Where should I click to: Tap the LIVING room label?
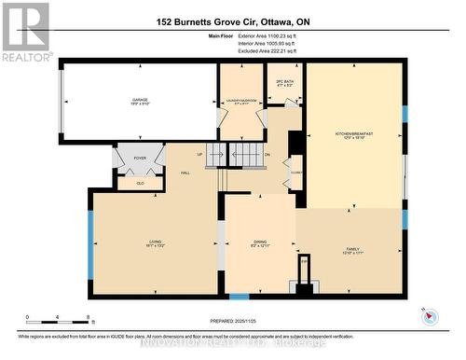tap(155, 242)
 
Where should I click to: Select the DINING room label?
tap(259, 242)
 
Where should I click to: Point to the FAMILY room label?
tap(353, 249)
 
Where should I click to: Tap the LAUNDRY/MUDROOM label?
tap(241, 101)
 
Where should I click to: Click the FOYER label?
tap(140, 159)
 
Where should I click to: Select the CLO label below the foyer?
tap(140, 183)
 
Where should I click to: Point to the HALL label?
tap(186, 173)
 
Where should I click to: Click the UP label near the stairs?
tap(199, 154)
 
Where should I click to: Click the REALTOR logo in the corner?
tap(25, 32)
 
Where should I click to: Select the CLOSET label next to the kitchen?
tap(295, 173)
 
